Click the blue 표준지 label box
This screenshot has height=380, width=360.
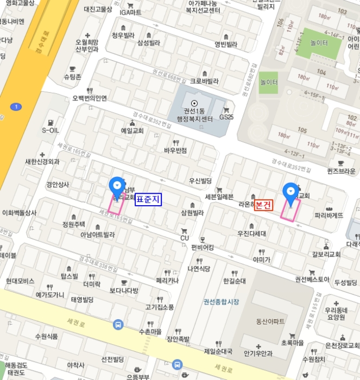pos(148,199)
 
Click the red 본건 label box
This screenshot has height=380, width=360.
pos(263,205)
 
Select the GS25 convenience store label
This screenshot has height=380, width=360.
pos(226,117)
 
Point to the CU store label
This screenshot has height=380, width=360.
pos(184,238)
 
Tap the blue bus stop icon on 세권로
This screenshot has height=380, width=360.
pos(117,325)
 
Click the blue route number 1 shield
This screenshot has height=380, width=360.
pos(17,106)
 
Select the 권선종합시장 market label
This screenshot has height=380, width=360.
pos(221,301)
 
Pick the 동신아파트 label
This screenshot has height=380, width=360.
pos(270,321)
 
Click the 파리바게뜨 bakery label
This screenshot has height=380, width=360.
pos(329,216)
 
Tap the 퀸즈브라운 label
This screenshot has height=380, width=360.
pos(341,171)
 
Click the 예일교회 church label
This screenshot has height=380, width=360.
pos(132,131)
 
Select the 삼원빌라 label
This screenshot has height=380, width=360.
pos(192,213)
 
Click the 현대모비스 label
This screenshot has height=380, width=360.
pos(20,281)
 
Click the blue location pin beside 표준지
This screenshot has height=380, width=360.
pos(116,187)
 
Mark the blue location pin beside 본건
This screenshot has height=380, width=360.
pos(291,193)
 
